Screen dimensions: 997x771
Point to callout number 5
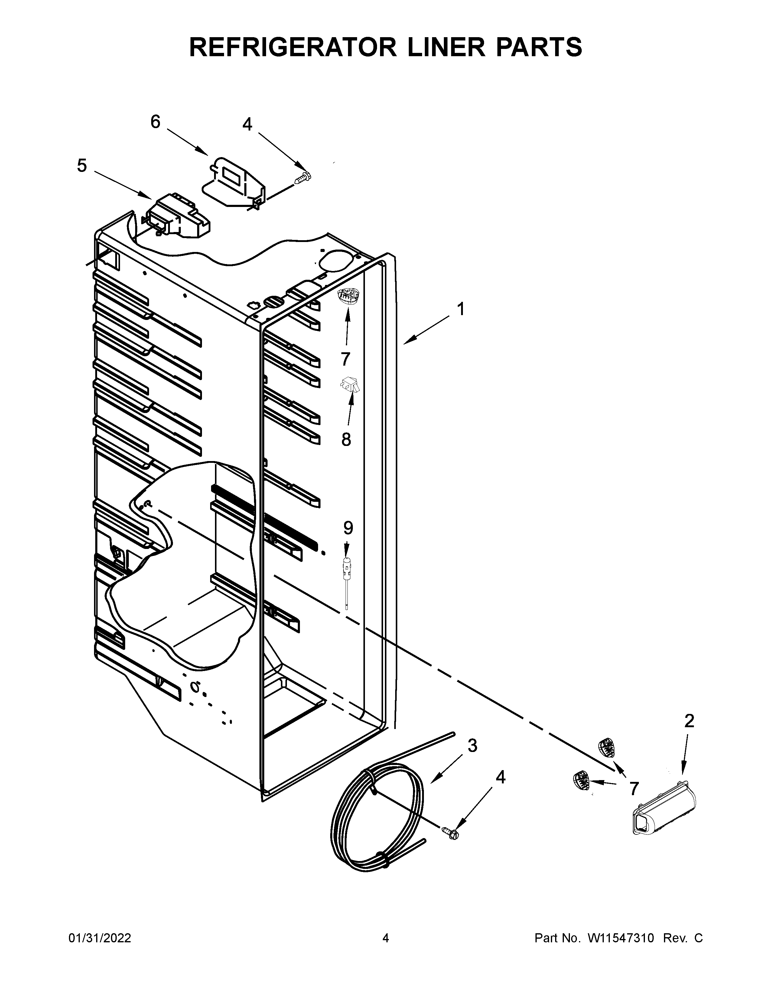pyautogui.click(x=81, y=166)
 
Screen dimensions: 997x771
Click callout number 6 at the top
pyautogui.click(x=155, y=121)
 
